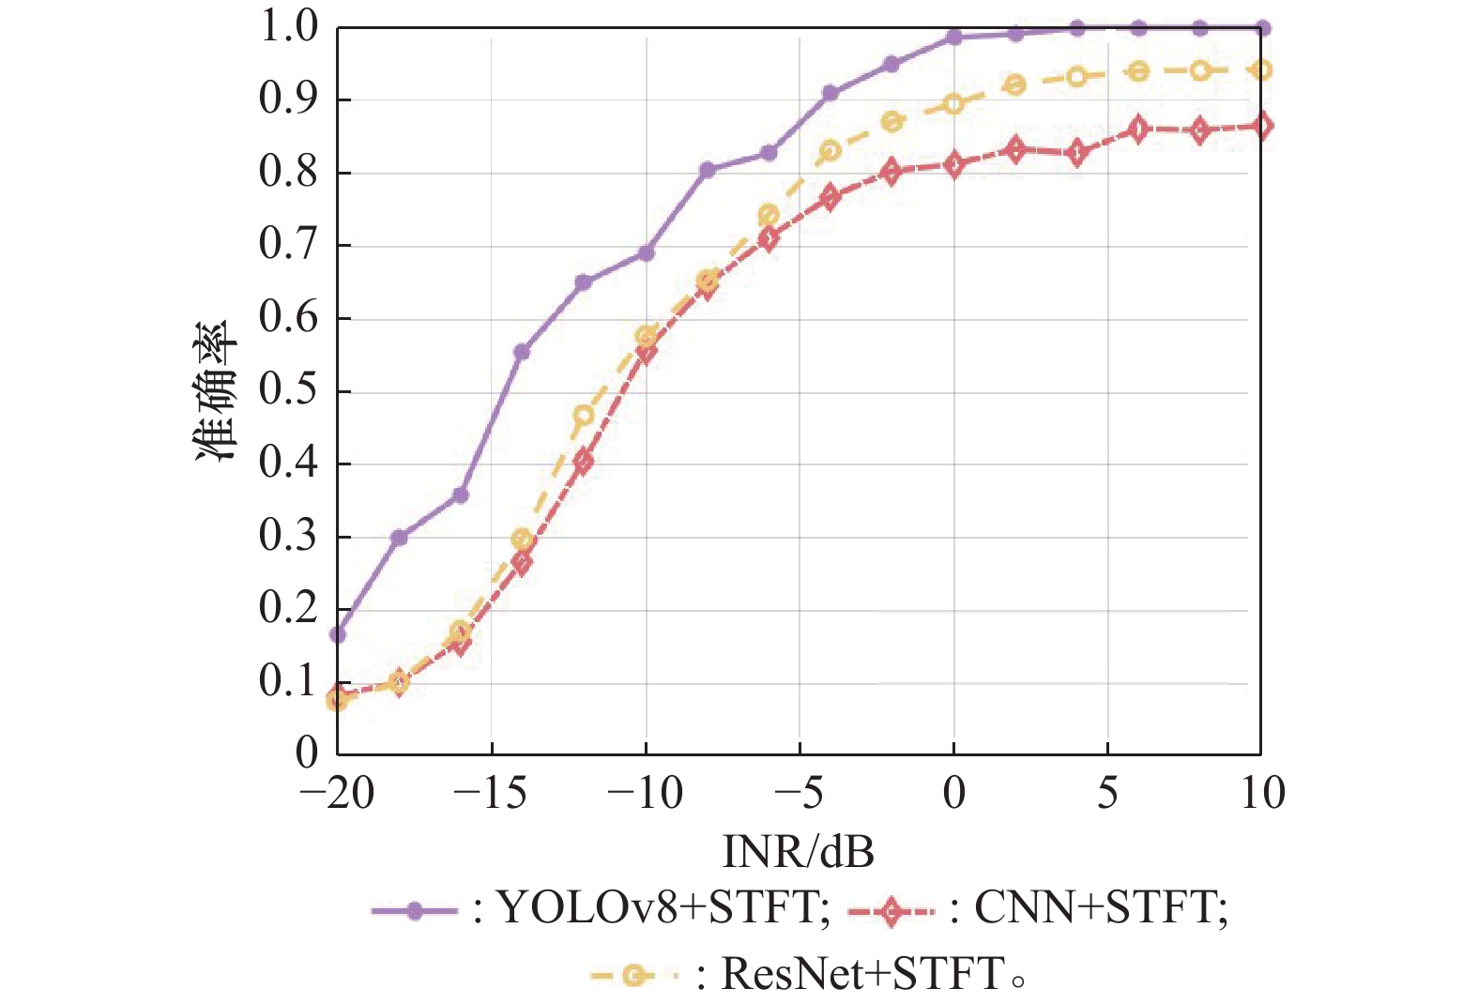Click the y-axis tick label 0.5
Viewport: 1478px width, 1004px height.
[x=289, y=390]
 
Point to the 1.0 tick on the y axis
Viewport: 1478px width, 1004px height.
[x=289, y=27]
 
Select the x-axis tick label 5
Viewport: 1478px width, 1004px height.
[x=1107, y=794]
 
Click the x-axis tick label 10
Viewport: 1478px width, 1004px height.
[x=1261, y=794]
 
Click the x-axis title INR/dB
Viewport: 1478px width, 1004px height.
[x=798, y=852]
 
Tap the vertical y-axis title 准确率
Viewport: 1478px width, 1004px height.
[x=217, y=391]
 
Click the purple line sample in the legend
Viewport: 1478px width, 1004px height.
[x=414, y=910]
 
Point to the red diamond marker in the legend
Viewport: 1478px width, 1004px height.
[x=891, y=910]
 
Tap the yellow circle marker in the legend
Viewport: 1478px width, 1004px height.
[x=635, y=976]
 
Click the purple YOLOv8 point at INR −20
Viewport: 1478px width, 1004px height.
[x=338, y=634]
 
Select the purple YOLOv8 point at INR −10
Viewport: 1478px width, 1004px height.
[x=646, y=253]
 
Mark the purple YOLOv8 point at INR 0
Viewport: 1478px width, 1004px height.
[x=953, y=38]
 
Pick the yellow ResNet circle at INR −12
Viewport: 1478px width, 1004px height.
[x=584, y=416]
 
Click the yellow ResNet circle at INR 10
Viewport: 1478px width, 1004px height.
[x=1262, y=70]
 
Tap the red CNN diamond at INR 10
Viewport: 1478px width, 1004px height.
[x=1262, y=126]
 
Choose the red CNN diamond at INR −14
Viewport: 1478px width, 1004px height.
[x=523, y=562]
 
